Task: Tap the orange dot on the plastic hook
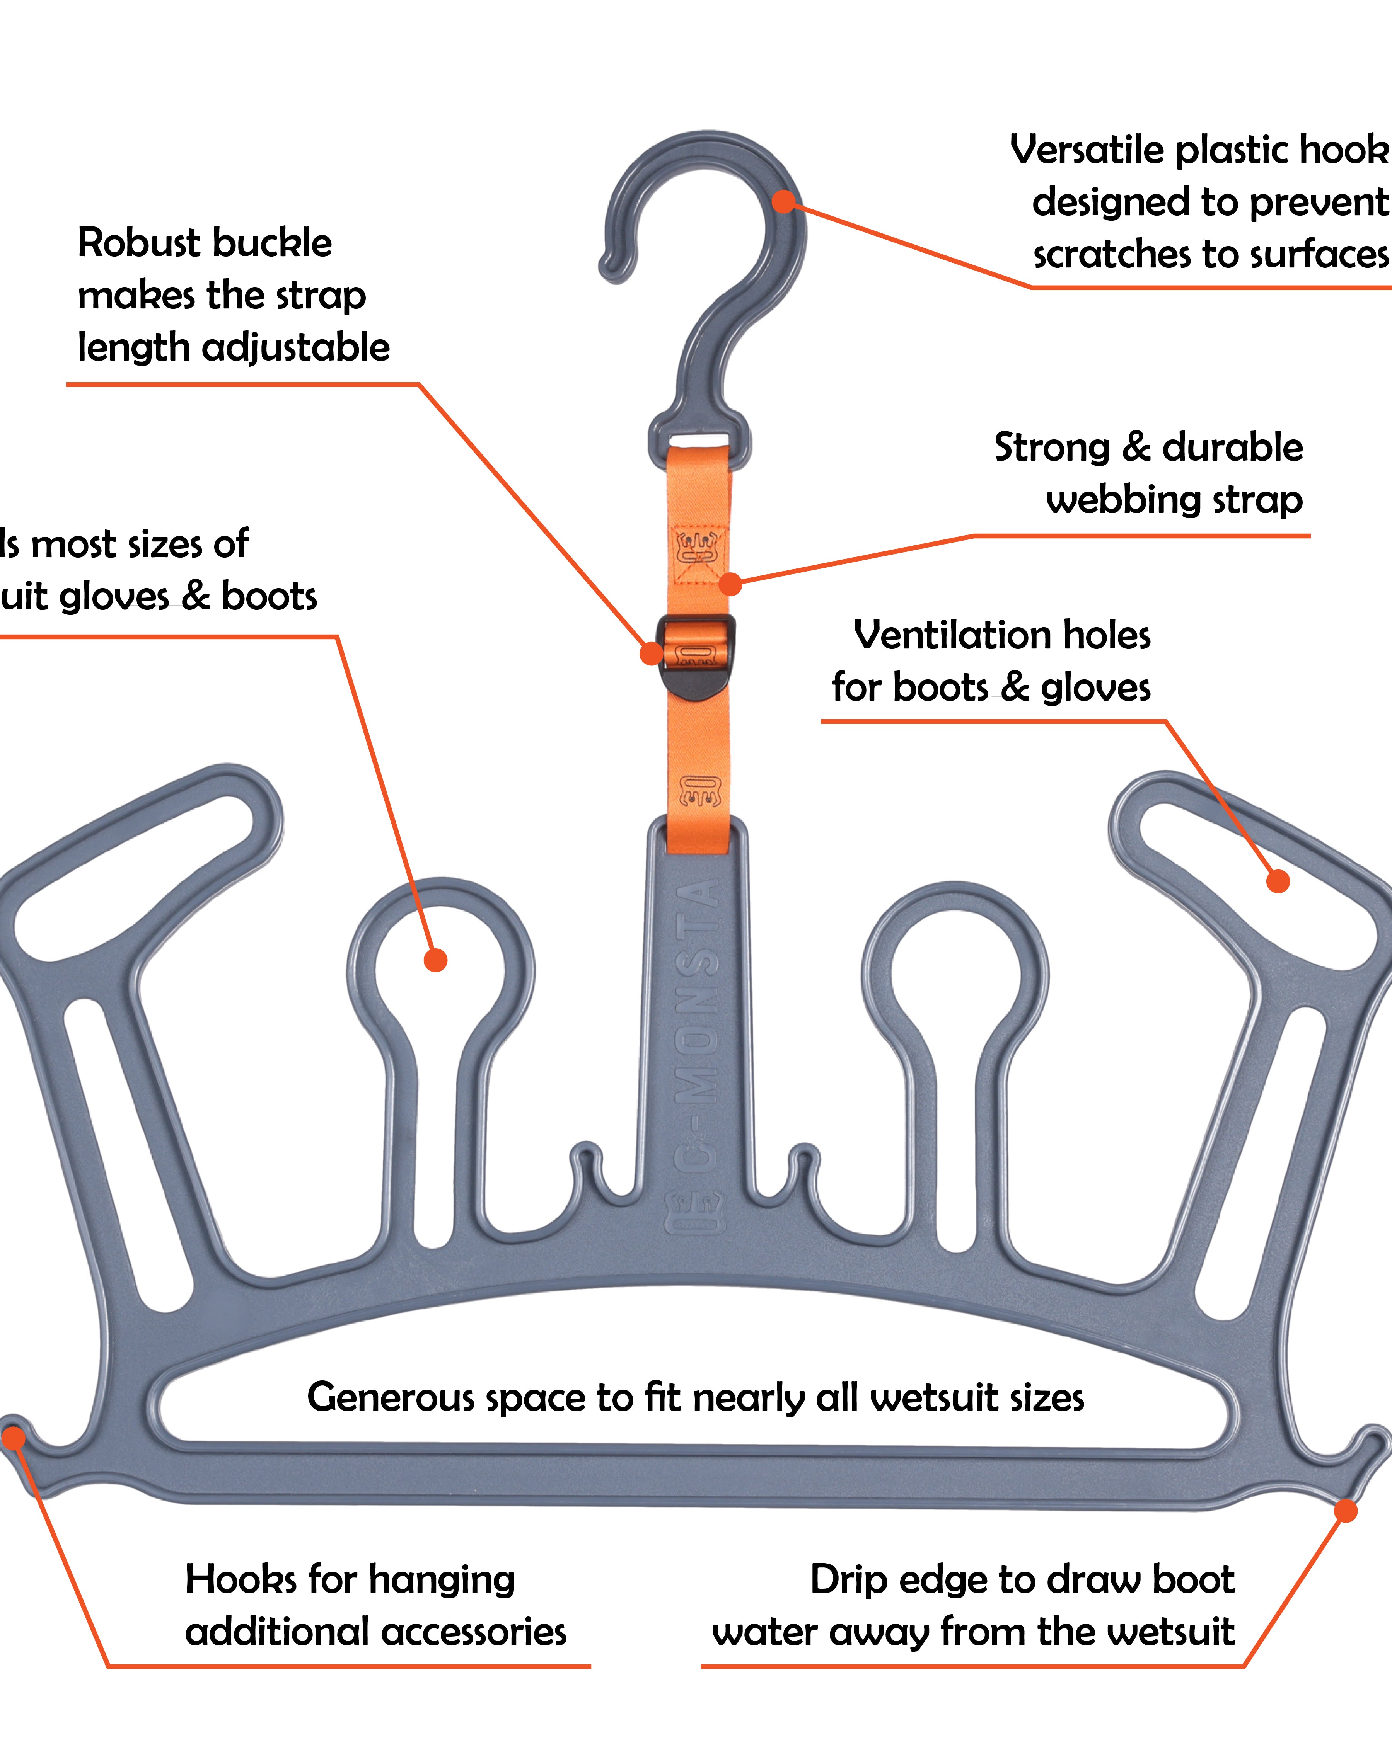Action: (783, 202)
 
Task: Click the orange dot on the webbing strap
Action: (730, 584)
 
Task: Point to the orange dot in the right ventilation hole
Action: (1278, 881)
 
